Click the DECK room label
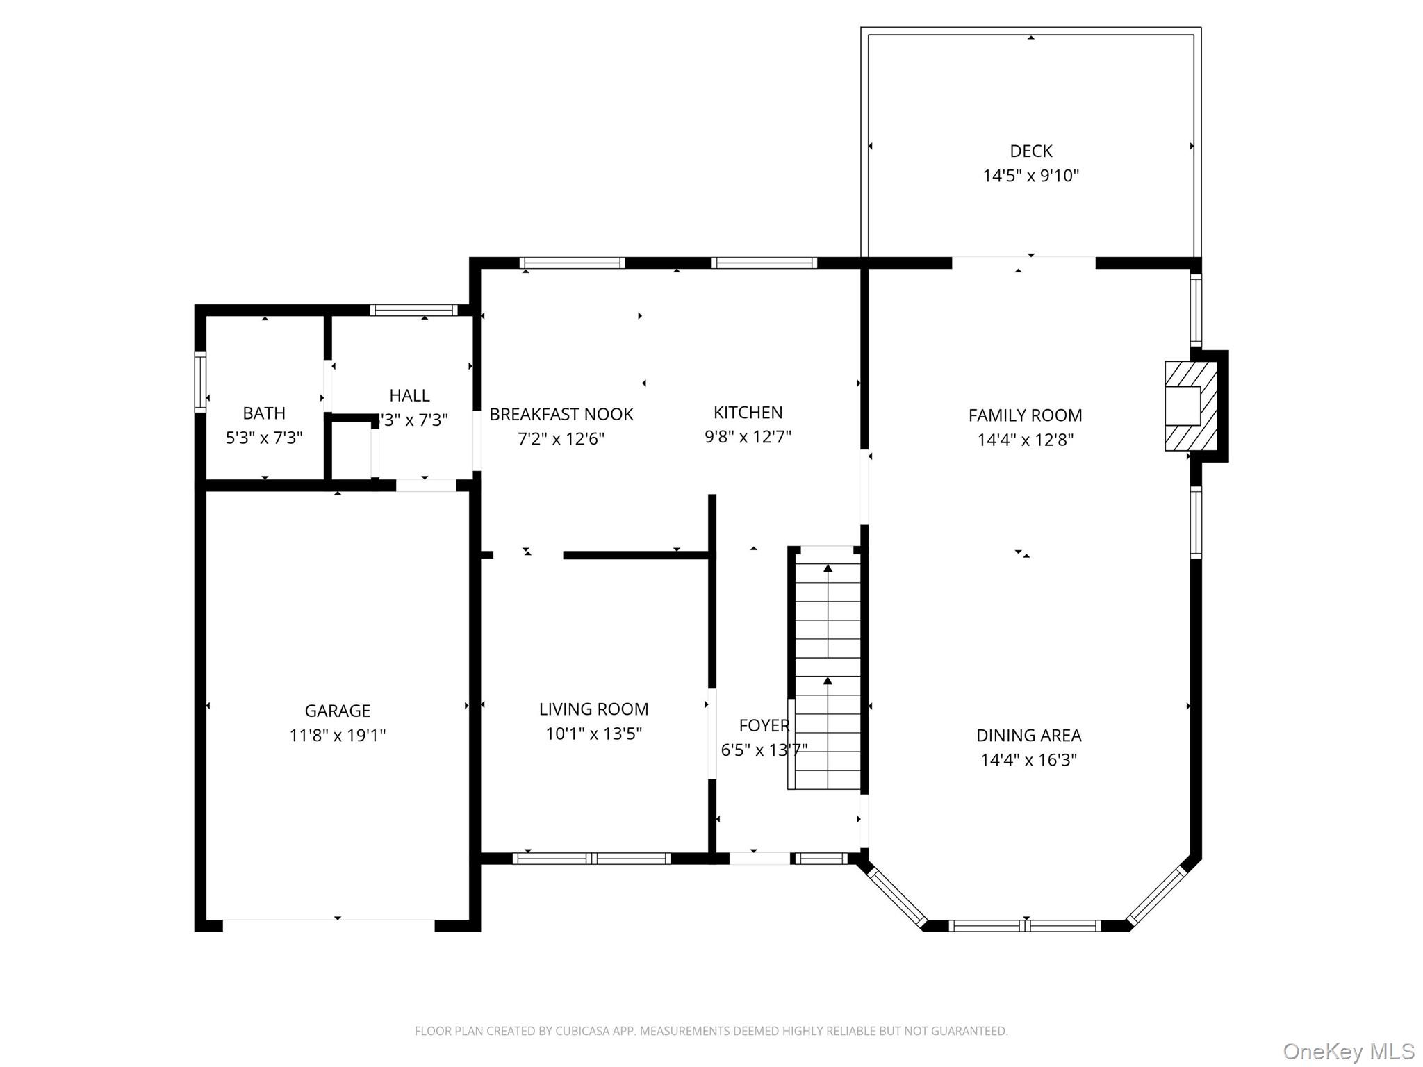pyautogui.click(x=1030, y=151)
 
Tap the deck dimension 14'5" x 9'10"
pyautogui.click(x=1030, y=176)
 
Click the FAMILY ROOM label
pyautogui.click(x=1025, y=415)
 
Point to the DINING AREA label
pyautogui.click(x=1028, y=735)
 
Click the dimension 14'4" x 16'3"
pyautogui.click(x=1028, y=760)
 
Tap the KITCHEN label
pyautogui.click(x=748, y=413)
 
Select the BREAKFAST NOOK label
pyautogui.click(x=561, y=415)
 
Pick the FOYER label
pyautogui.click(x=764, y=726)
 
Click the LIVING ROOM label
pyautogui.click(x=593, y=709)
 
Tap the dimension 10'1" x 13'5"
pyautogui.click(x=593, y=734)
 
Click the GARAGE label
pyautogui.click(x=337, y=711)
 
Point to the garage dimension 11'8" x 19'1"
pyautogui.click(x=337, y=736)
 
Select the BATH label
pyautogui.click(x=263, y=413)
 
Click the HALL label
pyautogui.click(x=409, y=395)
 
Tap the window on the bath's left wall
pyautogui.click(x=200, y=381)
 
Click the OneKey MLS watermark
pyautogui.click(x=1348, y=1051)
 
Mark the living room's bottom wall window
pyautogui.click(x=591, y=859)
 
